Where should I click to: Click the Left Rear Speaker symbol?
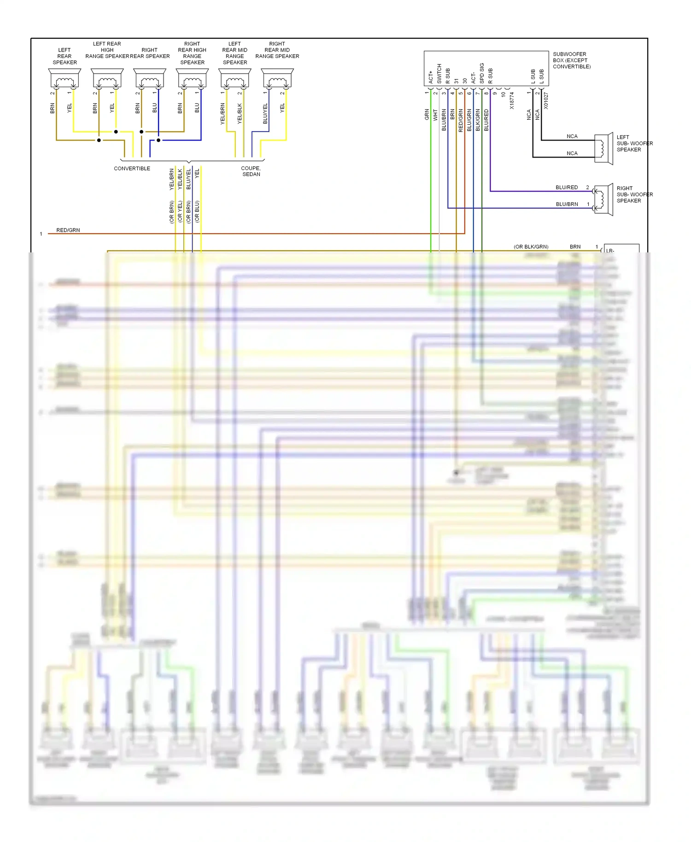(64, 79)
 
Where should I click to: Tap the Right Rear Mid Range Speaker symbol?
(277, 79)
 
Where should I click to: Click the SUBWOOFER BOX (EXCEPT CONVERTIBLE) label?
(572, 60)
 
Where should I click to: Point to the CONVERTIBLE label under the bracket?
(132, 169)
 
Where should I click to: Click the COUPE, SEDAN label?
(251, 171)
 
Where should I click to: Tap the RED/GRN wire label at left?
(68, 230)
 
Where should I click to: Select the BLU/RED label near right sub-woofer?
(567, 187)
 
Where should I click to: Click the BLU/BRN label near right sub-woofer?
(567, 204)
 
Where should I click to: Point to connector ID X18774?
(512, 100)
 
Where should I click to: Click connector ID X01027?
(546, 100)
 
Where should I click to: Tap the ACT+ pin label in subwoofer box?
(431, 77)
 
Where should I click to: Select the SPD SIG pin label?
(482, 73)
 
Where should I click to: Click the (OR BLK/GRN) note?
(531, 247)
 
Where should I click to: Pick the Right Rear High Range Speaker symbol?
(192, 79)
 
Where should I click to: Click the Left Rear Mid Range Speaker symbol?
(235, 79)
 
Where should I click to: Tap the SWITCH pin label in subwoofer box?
(439, 74)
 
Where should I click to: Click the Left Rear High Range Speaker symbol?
(107, 79)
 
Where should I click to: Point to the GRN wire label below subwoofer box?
(427, 115)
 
